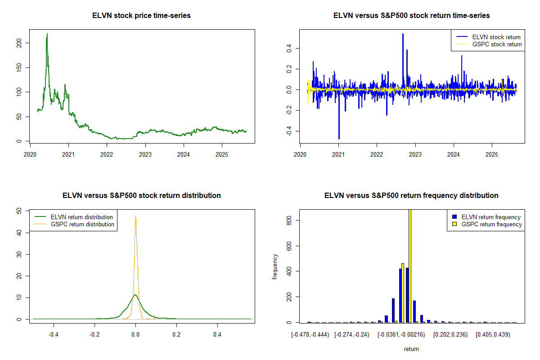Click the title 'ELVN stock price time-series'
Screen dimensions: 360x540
pos(142,16)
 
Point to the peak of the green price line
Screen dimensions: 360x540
pos(47,34)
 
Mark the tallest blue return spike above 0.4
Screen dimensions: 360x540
pos(403,34)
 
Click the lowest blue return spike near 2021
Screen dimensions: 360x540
pos(339,138)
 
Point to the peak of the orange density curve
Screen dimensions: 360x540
pos(135,216)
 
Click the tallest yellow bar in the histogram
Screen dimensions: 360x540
pos(410,265)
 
